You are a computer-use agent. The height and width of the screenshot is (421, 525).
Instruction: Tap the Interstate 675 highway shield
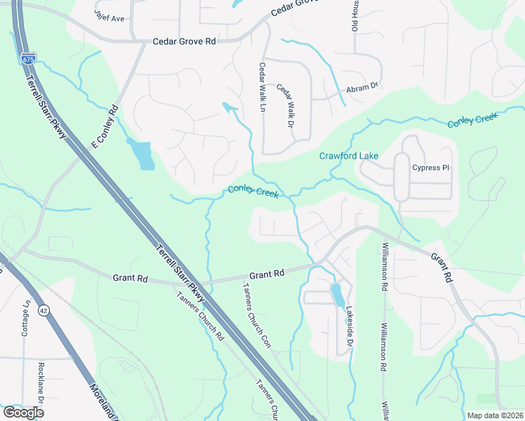point(27,58)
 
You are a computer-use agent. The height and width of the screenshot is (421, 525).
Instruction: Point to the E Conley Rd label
point(104,126)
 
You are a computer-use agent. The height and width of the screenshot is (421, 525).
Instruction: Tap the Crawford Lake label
point(350,155)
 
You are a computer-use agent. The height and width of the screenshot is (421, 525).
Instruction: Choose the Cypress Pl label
point(431,168)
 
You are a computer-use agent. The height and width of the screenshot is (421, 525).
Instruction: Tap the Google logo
point(23,413)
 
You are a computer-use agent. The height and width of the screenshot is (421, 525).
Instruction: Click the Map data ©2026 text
point(494,415)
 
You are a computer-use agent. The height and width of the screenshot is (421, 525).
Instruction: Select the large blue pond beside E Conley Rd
point(142,154)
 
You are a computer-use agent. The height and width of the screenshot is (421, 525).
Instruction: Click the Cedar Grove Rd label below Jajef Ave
point(184,42)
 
